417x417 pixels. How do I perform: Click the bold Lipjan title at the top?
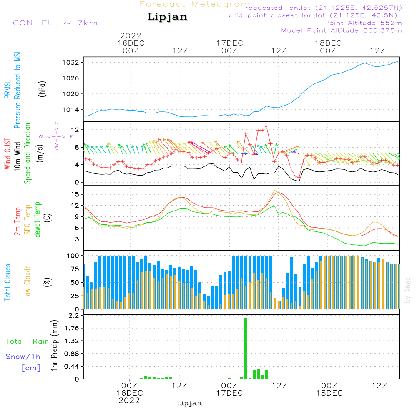[x=167, y=17]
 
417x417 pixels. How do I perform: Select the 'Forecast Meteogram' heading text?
[x=194, y=4]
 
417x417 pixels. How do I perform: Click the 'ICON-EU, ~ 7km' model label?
[x=53, y=23]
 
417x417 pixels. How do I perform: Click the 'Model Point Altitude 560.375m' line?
[x=342, y=30]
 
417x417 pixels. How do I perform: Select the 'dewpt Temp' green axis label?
[x=38, y=220]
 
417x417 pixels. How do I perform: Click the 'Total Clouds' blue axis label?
[x=8, y=282]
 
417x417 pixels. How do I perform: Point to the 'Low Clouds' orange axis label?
[x=28, y=282]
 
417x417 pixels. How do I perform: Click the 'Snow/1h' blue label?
[x=23, y=357]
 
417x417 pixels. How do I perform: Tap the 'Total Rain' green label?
[x=27, y=342]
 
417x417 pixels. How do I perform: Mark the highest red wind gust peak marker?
[x=266, y=126]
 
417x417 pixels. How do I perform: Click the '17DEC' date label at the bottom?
[x=229, y=393]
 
